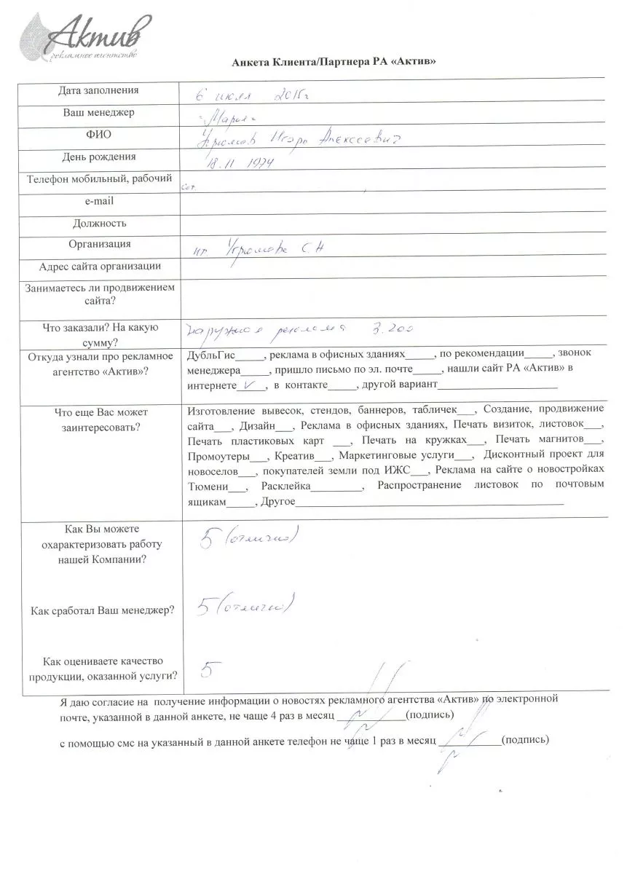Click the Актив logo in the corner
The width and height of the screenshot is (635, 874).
coord(87,36)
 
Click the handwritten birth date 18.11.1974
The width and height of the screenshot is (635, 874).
coord(235,162)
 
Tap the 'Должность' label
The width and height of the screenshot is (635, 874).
coord(99,223)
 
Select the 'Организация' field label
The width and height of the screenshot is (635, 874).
coord(99,245)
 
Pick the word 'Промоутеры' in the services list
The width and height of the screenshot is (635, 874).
coord(217,456)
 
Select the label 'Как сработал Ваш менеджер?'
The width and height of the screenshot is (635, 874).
coord(103,610)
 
